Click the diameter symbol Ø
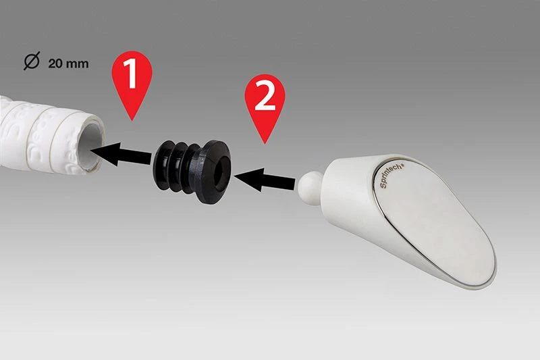(x=32, y=61)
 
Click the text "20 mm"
(x=68, y=63)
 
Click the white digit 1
(x=130, y=73)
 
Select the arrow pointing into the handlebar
(x=121, y=155)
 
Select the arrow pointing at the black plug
(x=264, y=180)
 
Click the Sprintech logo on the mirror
(x=392, y=176)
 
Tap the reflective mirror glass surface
(x=437, y=221)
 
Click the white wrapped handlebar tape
(x=48, y=136)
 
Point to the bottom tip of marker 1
(x=132, y=121)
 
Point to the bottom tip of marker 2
(x=265, y=144)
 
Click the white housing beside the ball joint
(x=348, y=193)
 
